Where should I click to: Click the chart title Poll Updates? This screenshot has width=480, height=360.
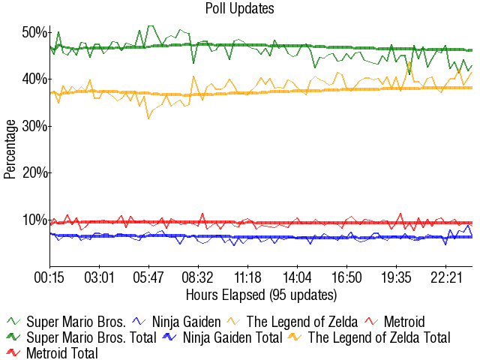pos(239,9)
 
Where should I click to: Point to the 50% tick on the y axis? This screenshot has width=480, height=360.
pos(35,32)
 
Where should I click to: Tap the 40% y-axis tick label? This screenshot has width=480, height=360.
pos(35,79)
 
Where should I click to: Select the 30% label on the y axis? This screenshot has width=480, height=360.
pos(35,126)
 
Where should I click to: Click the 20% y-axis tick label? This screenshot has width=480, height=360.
pos(35,172)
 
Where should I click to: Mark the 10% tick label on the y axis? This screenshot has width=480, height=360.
pos(35,220)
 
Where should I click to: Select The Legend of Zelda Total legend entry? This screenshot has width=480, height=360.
pos(379,337)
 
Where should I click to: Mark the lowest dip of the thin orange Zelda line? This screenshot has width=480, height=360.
pos(148,118)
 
